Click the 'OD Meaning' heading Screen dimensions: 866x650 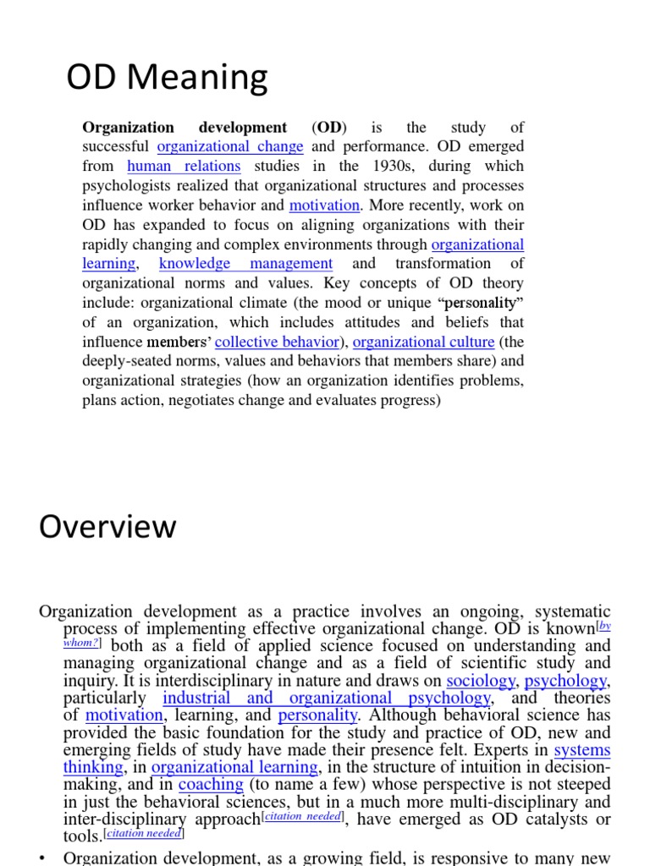167,79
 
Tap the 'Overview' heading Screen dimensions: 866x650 107,527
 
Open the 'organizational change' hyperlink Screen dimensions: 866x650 230,147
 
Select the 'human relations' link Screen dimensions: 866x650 184,167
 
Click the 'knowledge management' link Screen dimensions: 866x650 245,264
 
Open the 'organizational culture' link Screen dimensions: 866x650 423,343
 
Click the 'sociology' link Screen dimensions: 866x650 481,681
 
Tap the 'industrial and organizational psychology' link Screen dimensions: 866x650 326,699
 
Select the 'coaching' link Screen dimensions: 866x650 211,785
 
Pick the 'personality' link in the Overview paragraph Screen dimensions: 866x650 317,715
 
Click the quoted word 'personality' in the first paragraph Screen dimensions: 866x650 480,303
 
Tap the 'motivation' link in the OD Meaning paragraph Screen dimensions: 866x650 325,206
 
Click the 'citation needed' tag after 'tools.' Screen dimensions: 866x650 144,834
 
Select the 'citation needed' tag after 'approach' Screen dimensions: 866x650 304,817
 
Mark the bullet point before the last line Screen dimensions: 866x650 44,858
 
